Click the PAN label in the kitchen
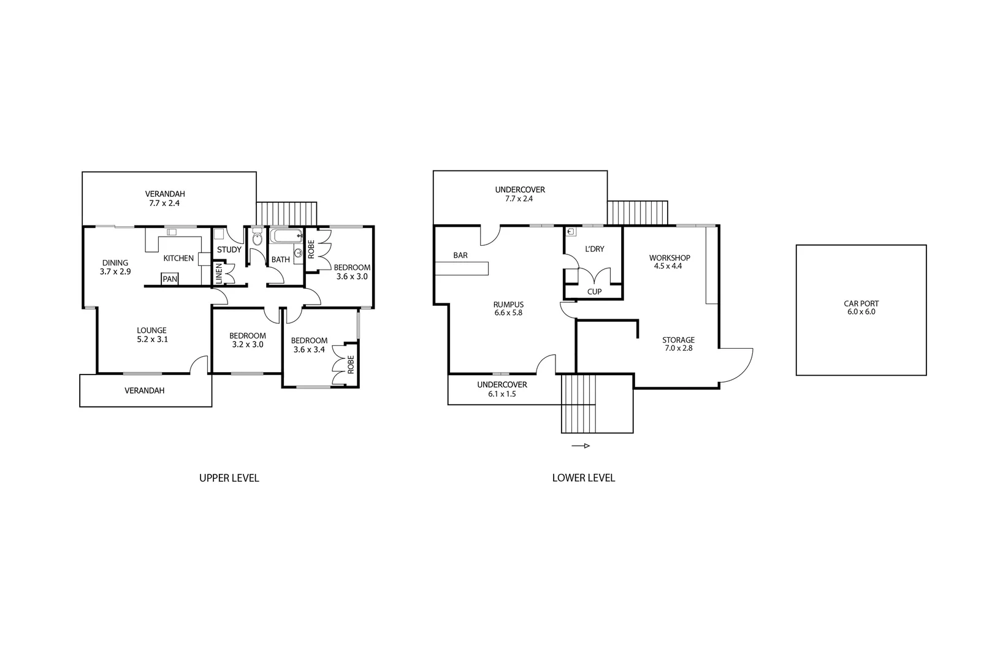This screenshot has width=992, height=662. pyautogui.click(x=170, y=280)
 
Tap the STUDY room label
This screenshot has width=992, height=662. pyautogui.click(x=229, y=249)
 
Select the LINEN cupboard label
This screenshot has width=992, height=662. pyautogui.click(x=218, y=273)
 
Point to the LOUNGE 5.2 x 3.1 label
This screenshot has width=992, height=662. pyautogui.click(x=151, y=335)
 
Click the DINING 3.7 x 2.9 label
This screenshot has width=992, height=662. pyautogui.click(x=115, y=267)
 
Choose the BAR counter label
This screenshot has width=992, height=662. pyautogui.click(x=460, y=255)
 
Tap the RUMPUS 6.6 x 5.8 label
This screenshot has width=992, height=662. pyautogui.click(x=508, y=308)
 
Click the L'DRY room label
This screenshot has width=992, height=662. pyautogui.click(x=595, y=249)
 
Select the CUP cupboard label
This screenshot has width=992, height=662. pyautogui.click(x=594, y=292)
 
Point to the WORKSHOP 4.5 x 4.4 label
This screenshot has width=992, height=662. pyautogui.click(x=670, y=262)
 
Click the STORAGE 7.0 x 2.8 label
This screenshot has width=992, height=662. pyautogui.click(x=678, y=344)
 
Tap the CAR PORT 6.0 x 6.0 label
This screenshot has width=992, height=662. pyautogui.click(x=861, y=308)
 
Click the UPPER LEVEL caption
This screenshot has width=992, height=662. pyautogui.click(x=229, y=478)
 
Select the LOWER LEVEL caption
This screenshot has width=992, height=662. pyautogui.click(x=583, y=478)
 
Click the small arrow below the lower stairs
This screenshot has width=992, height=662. pyautogui.click(x=581, y=446)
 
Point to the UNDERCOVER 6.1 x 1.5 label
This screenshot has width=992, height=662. pyautogui.click(x=502, y=389)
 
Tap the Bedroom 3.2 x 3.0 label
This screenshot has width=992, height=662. pyautogui.click(x=248, y=340)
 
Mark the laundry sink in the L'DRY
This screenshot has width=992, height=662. pyautogui.click(x=571, y=232)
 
